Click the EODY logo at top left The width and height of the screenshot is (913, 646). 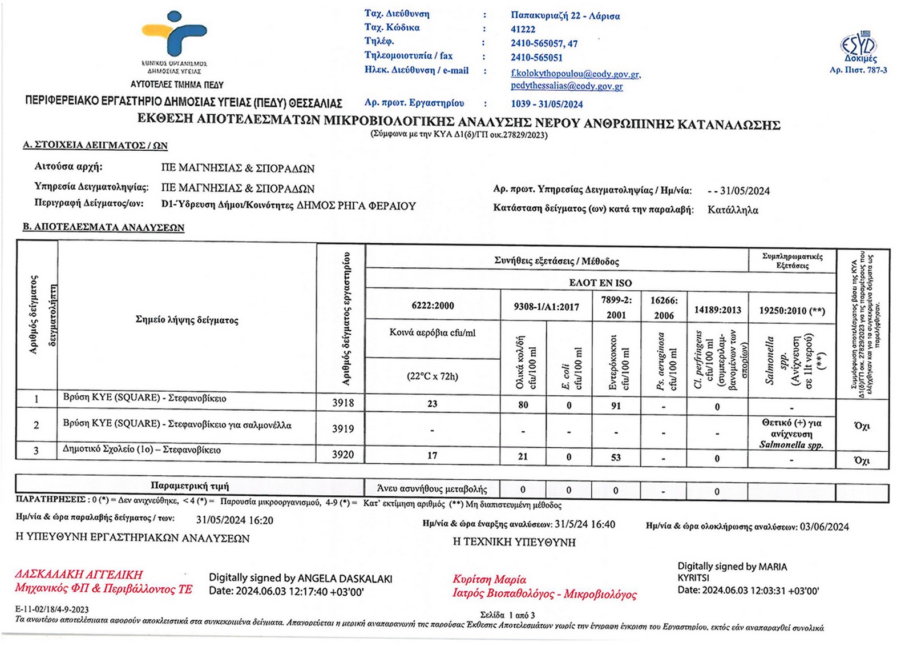(174, 35)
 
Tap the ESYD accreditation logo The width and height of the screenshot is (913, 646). (858, 46)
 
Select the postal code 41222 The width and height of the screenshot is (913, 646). (523, 29)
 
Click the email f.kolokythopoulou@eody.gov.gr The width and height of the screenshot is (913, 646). (575, 74)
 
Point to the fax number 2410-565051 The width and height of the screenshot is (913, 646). (536, 57)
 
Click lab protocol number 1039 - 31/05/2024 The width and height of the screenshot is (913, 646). (547, 104)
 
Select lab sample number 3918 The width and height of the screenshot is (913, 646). (343, 403)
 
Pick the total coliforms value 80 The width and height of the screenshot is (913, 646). (523, 405)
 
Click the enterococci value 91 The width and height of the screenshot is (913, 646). (616, 406)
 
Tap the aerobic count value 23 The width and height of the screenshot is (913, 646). (433, 404)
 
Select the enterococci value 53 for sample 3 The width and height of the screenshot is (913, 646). (616, 457)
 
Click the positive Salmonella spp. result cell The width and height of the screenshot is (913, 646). (791, 434)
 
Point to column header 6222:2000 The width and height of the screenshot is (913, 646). (433, 306)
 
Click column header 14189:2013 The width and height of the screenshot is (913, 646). (717, 310)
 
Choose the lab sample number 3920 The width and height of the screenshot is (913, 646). (343, 455)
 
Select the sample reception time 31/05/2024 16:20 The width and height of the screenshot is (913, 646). (235, 520)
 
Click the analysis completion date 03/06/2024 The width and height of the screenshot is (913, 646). (824, 527)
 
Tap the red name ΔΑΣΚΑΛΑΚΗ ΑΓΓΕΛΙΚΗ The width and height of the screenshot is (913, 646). (79, 574)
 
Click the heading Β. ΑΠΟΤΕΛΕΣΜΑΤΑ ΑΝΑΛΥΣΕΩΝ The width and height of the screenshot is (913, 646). (103, 227)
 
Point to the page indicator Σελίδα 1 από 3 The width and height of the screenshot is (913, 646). (507, 615)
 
